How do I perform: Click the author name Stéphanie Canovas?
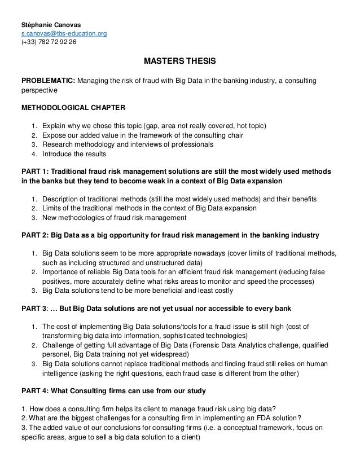pos(51,25)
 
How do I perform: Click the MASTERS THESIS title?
pos(180,60)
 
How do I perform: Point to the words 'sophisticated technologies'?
pos(190,335)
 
